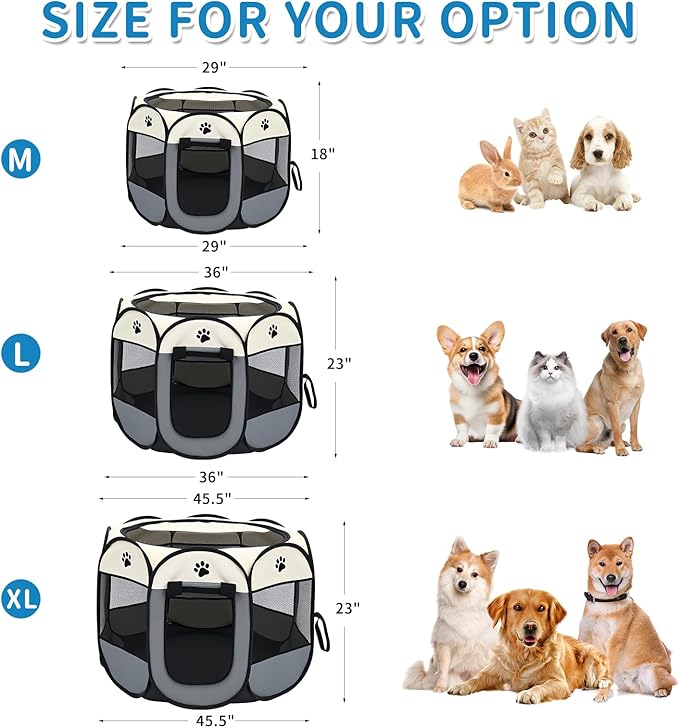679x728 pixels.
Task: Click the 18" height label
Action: tap(323, 153)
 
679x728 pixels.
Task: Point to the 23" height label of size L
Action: tap(339, 364)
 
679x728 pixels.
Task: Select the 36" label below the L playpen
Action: tap(211, 477)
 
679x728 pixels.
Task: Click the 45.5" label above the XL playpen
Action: tap(211, 496)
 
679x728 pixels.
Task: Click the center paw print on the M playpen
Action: tap(205, 128)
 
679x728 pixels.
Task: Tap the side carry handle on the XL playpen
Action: tap(321, 630)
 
